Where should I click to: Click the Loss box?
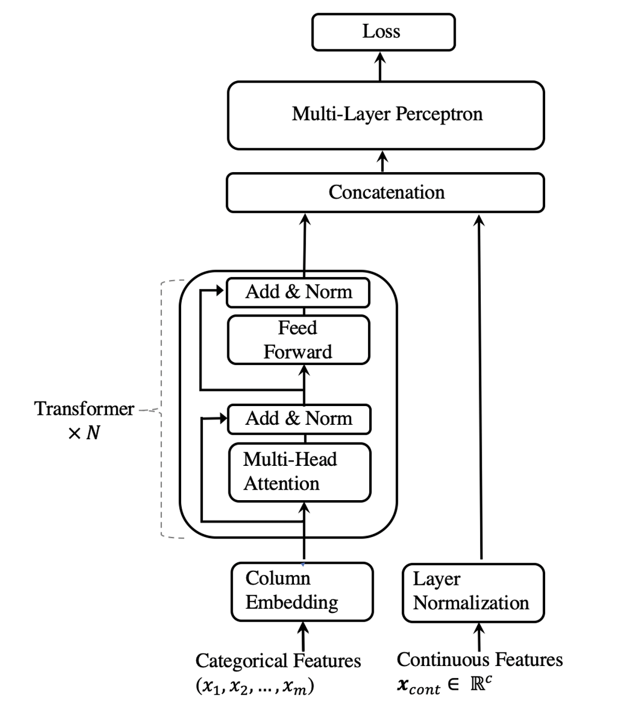383,32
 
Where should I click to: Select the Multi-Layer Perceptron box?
386,115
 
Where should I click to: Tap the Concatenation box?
385,192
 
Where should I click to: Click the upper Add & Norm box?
298,292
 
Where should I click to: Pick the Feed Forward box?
299,340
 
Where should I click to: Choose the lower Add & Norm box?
299,419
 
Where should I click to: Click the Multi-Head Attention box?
300,472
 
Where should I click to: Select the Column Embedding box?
302,591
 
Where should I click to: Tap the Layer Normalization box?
473,592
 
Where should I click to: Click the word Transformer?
84,409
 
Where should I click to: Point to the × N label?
84,433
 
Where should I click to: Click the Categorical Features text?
278,661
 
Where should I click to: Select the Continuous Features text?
479,660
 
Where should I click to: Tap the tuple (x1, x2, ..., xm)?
254,687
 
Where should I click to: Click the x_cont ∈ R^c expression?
444,685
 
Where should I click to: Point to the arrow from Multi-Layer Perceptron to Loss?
380,66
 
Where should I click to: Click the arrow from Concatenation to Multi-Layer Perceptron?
383,161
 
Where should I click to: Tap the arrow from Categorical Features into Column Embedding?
303,636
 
